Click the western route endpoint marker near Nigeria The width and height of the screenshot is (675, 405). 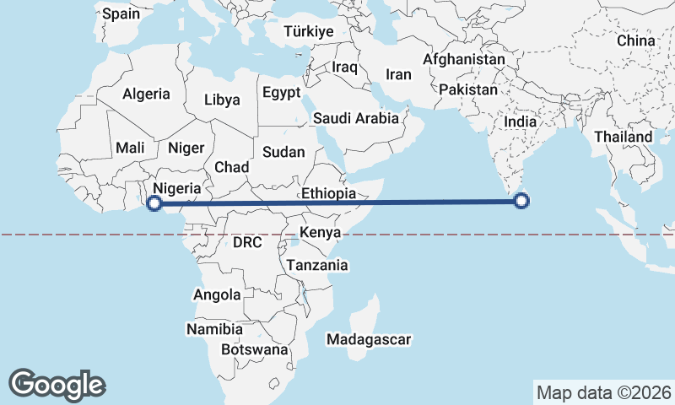tap(154, 202)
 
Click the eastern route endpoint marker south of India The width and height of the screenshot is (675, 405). tap(521, 201)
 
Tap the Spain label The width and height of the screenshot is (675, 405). tap(121, 13)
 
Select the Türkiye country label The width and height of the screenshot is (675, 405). tap(310, 31)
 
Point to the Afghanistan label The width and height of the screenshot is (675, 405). tap(463, 60)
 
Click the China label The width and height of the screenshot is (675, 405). tap(635, 40)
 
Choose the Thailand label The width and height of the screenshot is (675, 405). tap(623, 137)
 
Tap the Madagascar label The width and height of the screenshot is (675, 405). tap(369, 340)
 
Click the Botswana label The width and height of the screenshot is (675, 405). tap(254, 349)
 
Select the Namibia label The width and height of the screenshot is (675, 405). tap(214, 329)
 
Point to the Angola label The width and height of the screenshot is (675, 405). tap(217, 295)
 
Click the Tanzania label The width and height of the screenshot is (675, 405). tap(317, 265)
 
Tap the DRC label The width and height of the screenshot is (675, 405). tap(247, 242)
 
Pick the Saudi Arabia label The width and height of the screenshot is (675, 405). tap(355, 118)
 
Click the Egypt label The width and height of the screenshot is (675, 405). tap(282, 93)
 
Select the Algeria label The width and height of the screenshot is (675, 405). tap(146, 94)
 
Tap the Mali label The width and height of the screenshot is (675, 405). tap(131, 148)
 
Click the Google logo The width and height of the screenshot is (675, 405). tap(57, 384)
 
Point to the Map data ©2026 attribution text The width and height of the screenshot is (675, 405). tap(603, 392)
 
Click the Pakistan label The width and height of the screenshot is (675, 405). tap(469, 89)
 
